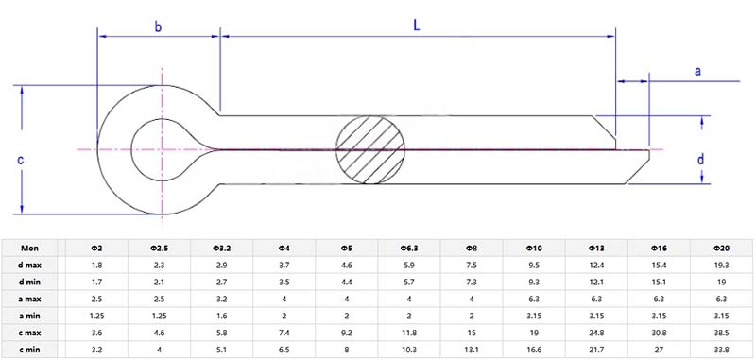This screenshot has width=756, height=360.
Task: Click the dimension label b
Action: point(158,26)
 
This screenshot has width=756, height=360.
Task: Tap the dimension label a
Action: point(698,71)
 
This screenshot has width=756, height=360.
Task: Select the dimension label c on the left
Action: point(21,160)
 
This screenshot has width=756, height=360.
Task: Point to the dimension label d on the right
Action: point(700,160)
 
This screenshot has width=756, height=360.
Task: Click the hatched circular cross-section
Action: point(371,149)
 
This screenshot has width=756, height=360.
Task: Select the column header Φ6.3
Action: point(409,248)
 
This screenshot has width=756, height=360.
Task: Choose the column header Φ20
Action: point(721,248)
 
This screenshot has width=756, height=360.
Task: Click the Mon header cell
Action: point(29,248)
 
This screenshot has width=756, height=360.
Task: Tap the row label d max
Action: point(29,266)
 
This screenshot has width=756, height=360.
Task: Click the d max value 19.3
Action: point(721,266)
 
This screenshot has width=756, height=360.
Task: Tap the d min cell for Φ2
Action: point(96,282)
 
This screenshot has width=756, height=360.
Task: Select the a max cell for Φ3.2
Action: point(221,298)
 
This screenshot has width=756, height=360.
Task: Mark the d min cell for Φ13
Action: point(596,282)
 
